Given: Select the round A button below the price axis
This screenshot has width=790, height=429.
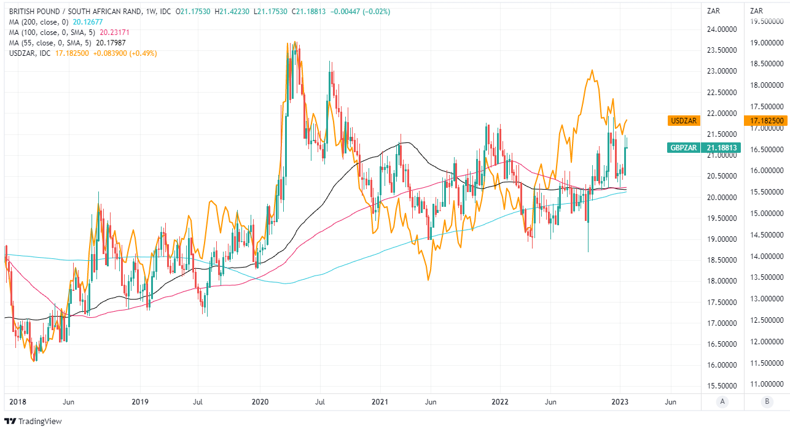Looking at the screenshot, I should pos(722,401).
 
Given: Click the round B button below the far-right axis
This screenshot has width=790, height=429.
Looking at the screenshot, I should pos(767,401).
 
